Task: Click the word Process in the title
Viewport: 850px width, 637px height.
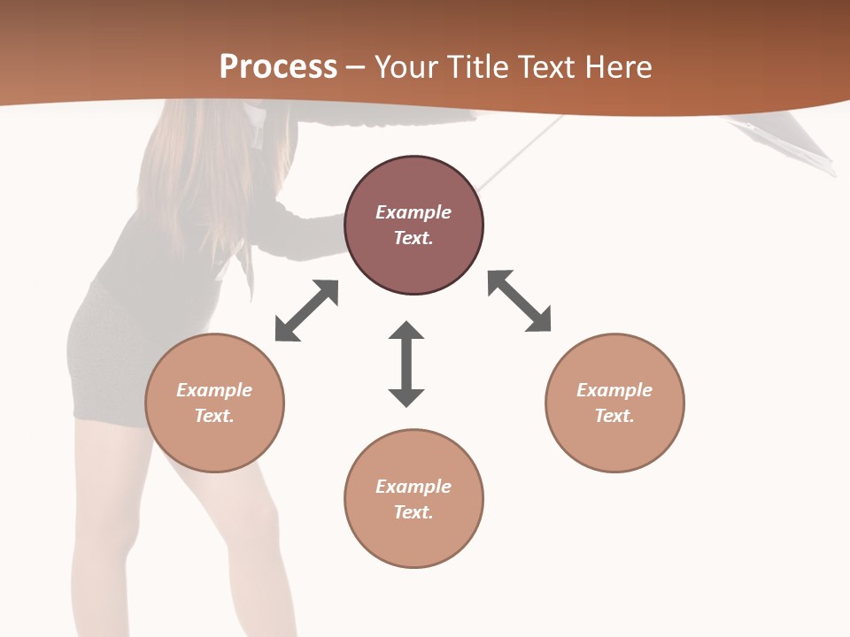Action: point(278,67)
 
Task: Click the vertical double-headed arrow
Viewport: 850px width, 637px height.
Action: point(406,365)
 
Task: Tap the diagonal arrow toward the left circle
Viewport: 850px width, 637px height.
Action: point(306,311)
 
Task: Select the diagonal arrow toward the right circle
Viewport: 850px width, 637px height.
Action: point(520,301)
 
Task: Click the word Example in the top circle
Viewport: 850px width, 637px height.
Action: point(413,212)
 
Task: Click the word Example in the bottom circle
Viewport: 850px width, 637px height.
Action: point(413,487)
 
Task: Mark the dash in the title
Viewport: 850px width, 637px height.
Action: point(356,68)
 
